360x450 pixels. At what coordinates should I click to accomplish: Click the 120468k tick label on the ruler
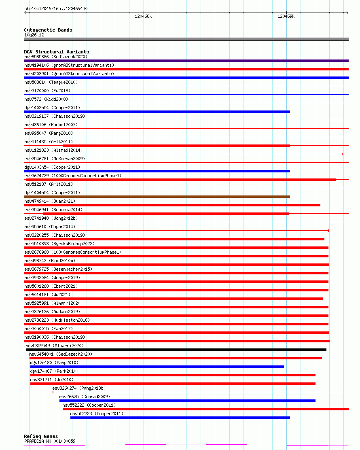(x=143, y=17)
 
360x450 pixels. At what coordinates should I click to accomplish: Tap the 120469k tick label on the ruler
(x=286, y=17)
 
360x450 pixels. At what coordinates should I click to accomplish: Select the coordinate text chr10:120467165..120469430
(x=56, y=8)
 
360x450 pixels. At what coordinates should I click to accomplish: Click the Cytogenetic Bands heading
(x=48, y=30)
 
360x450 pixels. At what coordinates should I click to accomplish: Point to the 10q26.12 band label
(x=34, y=35)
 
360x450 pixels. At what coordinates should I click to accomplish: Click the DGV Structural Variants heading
(x=57, y=52)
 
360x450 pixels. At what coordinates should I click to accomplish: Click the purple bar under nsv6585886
(x=186, y=61)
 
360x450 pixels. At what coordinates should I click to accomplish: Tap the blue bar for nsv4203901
(x=186, y=78)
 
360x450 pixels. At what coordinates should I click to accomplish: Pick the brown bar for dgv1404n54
(x=157, y=197)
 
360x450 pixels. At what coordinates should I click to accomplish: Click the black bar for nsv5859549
(x=176, y=350)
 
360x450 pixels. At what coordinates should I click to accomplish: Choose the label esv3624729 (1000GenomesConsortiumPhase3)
(x=73, y=176)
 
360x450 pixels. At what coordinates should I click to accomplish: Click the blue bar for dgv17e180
(x=157, y=367)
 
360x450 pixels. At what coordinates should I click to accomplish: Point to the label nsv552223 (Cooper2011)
(x=97, y=414)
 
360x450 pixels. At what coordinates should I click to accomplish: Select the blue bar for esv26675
(x=187, y=401)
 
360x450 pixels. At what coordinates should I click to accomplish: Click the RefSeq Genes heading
(x=41, y=436)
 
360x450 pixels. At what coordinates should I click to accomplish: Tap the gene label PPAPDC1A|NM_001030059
(x=50, y=441)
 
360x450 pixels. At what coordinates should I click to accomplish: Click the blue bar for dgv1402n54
(x=157, y=112)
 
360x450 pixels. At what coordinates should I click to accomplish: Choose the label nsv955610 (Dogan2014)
(x=50, y=227)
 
